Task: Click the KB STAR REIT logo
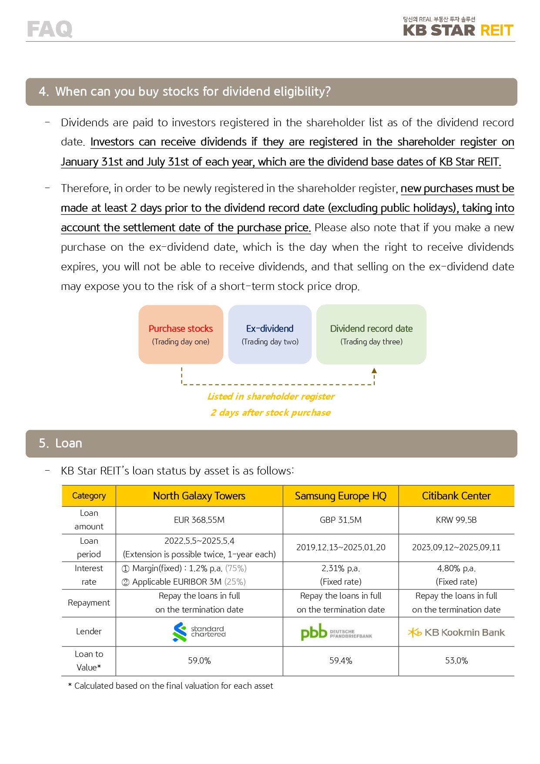click(x=458, y=27)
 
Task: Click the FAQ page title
click(x=50, y=29)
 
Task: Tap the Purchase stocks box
click(x=181, y=334)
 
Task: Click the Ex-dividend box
click(x=270, y=334)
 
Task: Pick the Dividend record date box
click(x=371, y=334)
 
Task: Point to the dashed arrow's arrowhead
click(x=374, y=371)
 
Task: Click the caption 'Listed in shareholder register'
click(x=271, y=397)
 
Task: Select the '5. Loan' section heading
click(x=60, y=443)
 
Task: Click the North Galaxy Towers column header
click(x=199, y=496)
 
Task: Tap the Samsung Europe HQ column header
click(x=340, y=496)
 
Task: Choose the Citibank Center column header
click(x=456, y=496)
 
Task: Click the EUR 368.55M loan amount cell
click(x=199, y=520)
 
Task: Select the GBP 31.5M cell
click(x=340, y=520)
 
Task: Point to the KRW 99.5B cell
click(x=456, y=520)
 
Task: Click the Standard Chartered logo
click(x=199, y=632)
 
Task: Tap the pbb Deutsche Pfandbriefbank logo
click(x=336, y=632)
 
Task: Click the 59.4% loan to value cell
click(x=340, y=661)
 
